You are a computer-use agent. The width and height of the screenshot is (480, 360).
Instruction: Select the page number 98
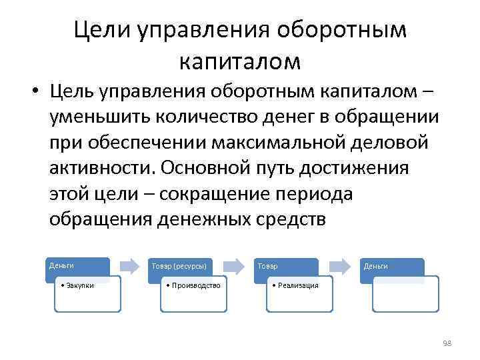pos(446,343)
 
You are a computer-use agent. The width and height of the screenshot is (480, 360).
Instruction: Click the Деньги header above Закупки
pos(61,265)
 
